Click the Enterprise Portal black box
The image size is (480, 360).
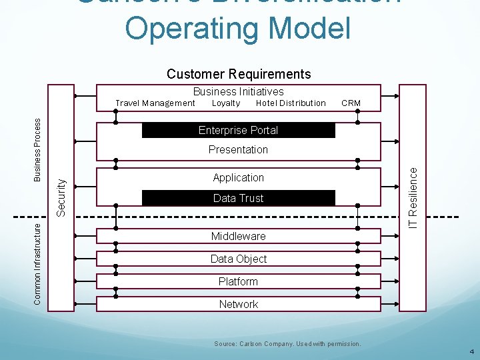238,130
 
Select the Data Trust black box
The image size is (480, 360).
238,198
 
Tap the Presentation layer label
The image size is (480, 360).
238,149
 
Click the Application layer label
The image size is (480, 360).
238,177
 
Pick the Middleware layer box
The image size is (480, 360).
238,236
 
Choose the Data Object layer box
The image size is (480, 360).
238,259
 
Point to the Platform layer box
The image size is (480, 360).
238,281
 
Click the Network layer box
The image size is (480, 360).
238,304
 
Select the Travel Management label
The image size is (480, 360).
155,103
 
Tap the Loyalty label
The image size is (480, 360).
226,103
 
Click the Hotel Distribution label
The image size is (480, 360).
291,103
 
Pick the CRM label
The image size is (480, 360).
351,103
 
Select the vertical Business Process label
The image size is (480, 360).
39,149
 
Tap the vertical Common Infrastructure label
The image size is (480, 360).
39,263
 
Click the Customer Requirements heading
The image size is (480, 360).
239,74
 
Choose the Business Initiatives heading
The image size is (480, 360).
238,91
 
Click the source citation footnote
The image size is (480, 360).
287,344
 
